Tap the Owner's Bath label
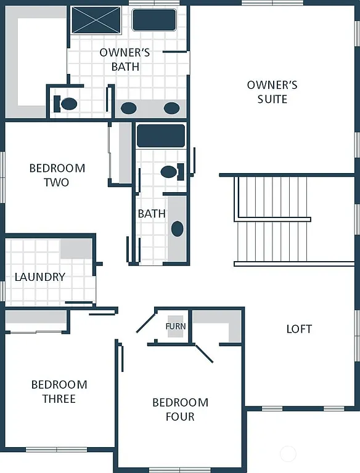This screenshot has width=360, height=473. (125, 59)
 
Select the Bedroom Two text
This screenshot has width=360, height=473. (57, 175)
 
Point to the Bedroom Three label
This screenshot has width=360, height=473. (59, 392)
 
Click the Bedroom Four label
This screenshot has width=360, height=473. (180, 410)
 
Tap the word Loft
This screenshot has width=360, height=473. (299, 329)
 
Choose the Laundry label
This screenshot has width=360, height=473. (40, 277)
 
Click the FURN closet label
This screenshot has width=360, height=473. (176, 326)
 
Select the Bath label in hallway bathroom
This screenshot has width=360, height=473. (152, 214)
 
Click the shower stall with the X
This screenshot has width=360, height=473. (96, 20)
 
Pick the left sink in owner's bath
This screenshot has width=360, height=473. (128, 108)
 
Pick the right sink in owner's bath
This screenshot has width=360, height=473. (171, 108)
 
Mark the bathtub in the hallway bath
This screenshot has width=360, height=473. (161, 136)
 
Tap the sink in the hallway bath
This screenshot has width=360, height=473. (178, 229)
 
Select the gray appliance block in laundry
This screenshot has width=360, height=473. (76, 249)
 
